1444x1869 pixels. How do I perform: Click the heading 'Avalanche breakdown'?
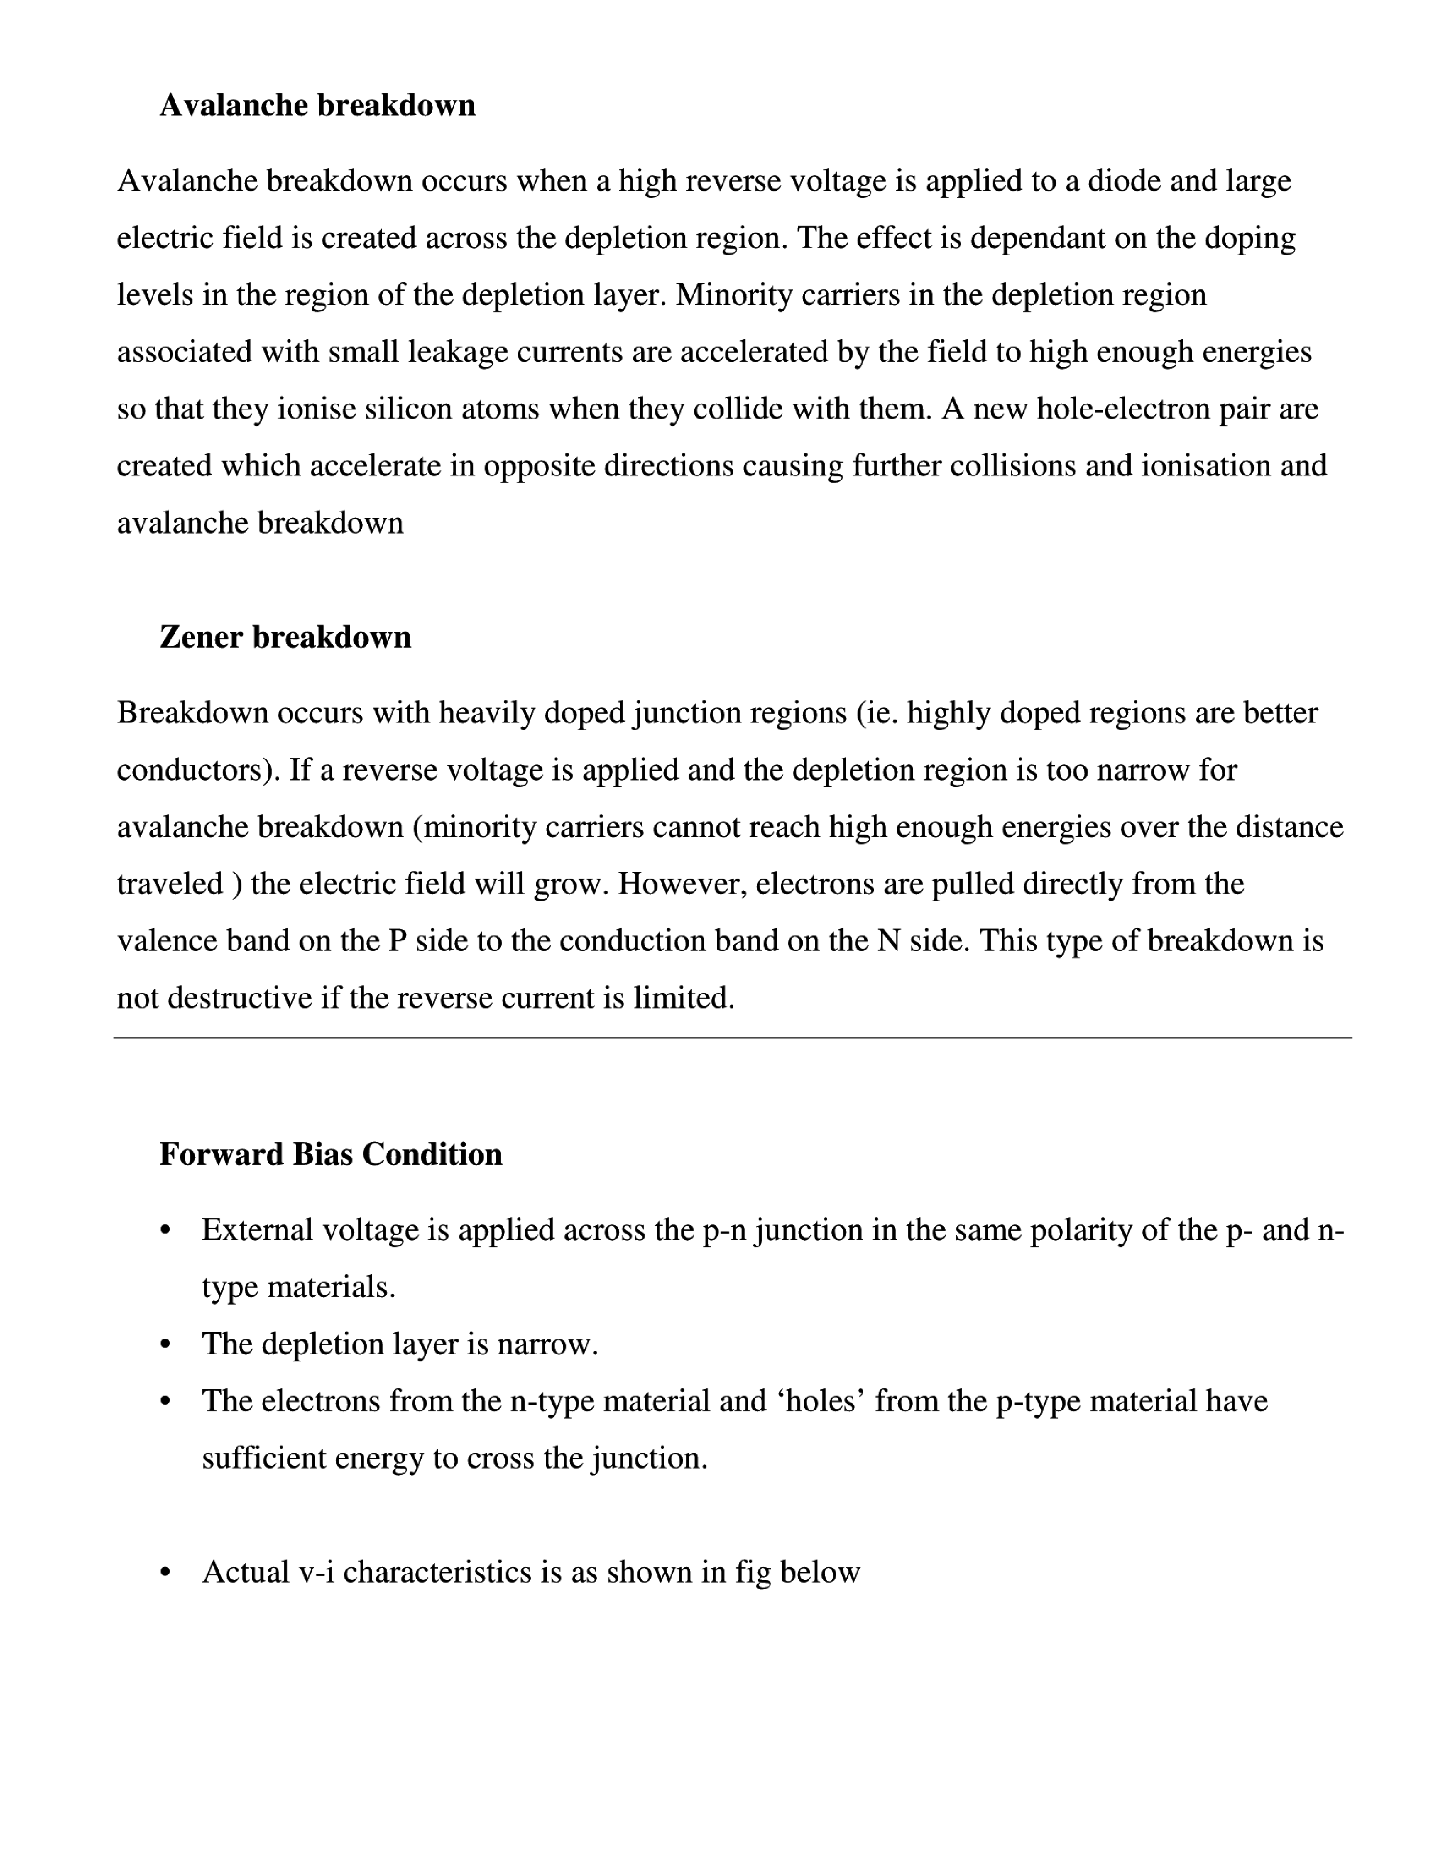tap(317, 105)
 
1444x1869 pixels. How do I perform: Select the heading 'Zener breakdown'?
tap(285, 637)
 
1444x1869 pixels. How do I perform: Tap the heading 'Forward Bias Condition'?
tap(330, 1154)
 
